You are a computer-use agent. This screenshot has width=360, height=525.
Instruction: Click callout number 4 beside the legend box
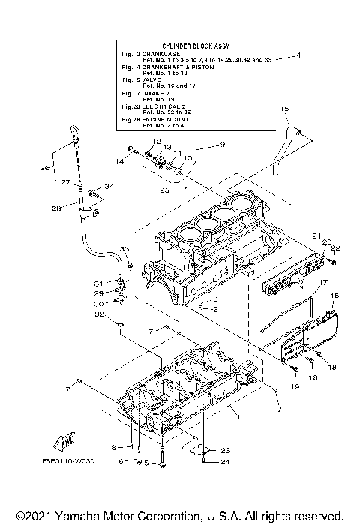298,55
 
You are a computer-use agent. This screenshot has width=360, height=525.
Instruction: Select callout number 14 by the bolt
118,161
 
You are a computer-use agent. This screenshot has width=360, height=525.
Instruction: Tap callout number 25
164,190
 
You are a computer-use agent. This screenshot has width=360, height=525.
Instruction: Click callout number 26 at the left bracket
44,167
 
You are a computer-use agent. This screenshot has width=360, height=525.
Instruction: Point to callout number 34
109,186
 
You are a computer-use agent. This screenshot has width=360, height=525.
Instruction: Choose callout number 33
124,248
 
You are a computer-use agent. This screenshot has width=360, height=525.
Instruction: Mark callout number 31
98,283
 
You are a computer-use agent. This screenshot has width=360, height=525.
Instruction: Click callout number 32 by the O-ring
98,315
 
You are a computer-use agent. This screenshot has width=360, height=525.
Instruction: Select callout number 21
316,236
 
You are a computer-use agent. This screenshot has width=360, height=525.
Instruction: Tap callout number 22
335,248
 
